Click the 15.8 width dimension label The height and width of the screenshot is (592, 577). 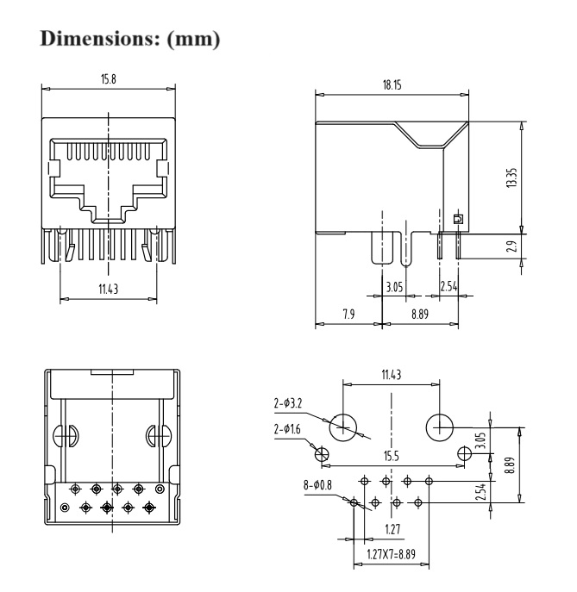point(109,79)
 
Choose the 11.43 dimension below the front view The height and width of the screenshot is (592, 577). point(109,289)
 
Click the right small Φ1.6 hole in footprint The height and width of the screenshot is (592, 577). point(464,452)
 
